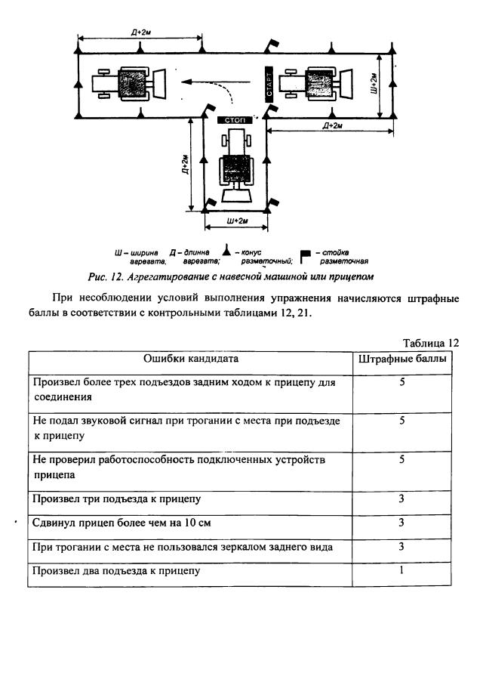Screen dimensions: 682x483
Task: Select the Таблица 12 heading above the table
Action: pos(431,342)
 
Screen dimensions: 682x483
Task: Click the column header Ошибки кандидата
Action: pos(192,359)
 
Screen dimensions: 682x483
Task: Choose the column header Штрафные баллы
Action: pos(402,359)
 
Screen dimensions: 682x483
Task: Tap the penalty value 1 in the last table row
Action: pos(402,570)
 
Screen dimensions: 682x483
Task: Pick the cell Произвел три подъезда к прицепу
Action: pos(117,498)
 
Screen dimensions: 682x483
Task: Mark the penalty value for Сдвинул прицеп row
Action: pos(402,522)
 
